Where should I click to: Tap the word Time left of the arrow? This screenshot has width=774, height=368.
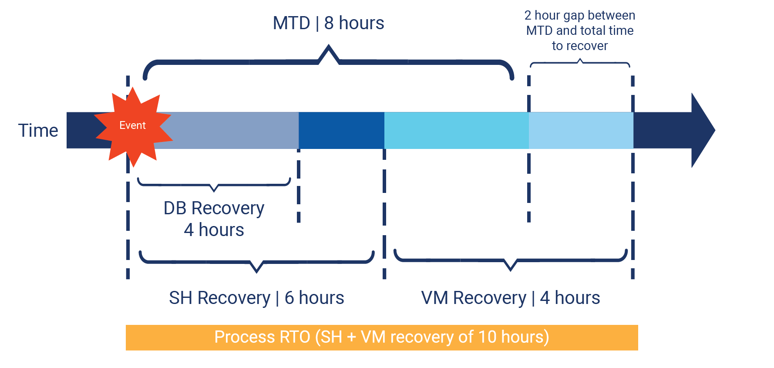pyautogui.click(x=38, y=131)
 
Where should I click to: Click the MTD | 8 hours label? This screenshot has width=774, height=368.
pyautogui.click(x=328, y=23)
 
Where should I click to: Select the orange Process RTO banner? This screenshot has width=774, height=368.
pyautogui.click(x=382, y=338)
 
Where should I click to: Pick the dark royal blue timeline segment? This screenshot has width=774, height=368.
pyautogui.click(x=341, y=130)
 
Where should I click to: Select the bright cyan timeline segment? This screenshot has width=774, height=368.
pyautogui.click(x=456, y=130)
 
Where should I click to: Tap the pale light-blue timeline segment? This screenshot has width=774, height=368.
pyautogui.click(x=581, y=130)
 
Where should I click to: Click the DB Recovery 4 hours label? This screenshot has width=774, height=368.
pyautogui.click(x=214, y=219)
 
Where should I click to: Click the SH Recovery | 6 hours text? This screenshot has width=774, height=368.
pyautogui.click(x=256, y=298)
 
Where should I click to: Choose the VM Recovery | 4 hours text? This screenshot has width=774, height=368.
pyautogui.click(x=510, y=298)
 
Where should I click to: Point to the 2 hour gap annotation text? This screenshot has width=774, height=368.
pyautogui.click(x=579, y=30)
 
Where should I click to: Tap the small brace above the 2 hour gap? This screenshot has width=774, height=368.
pyautogui.click(x=580, y=63)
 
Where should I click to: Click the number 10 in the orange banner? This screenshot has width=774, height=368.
pyautogui.click(x=487, y=337)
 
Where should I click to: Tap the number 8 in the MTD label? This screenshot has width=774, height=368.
pyautogui.click(x=329, y=23)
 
